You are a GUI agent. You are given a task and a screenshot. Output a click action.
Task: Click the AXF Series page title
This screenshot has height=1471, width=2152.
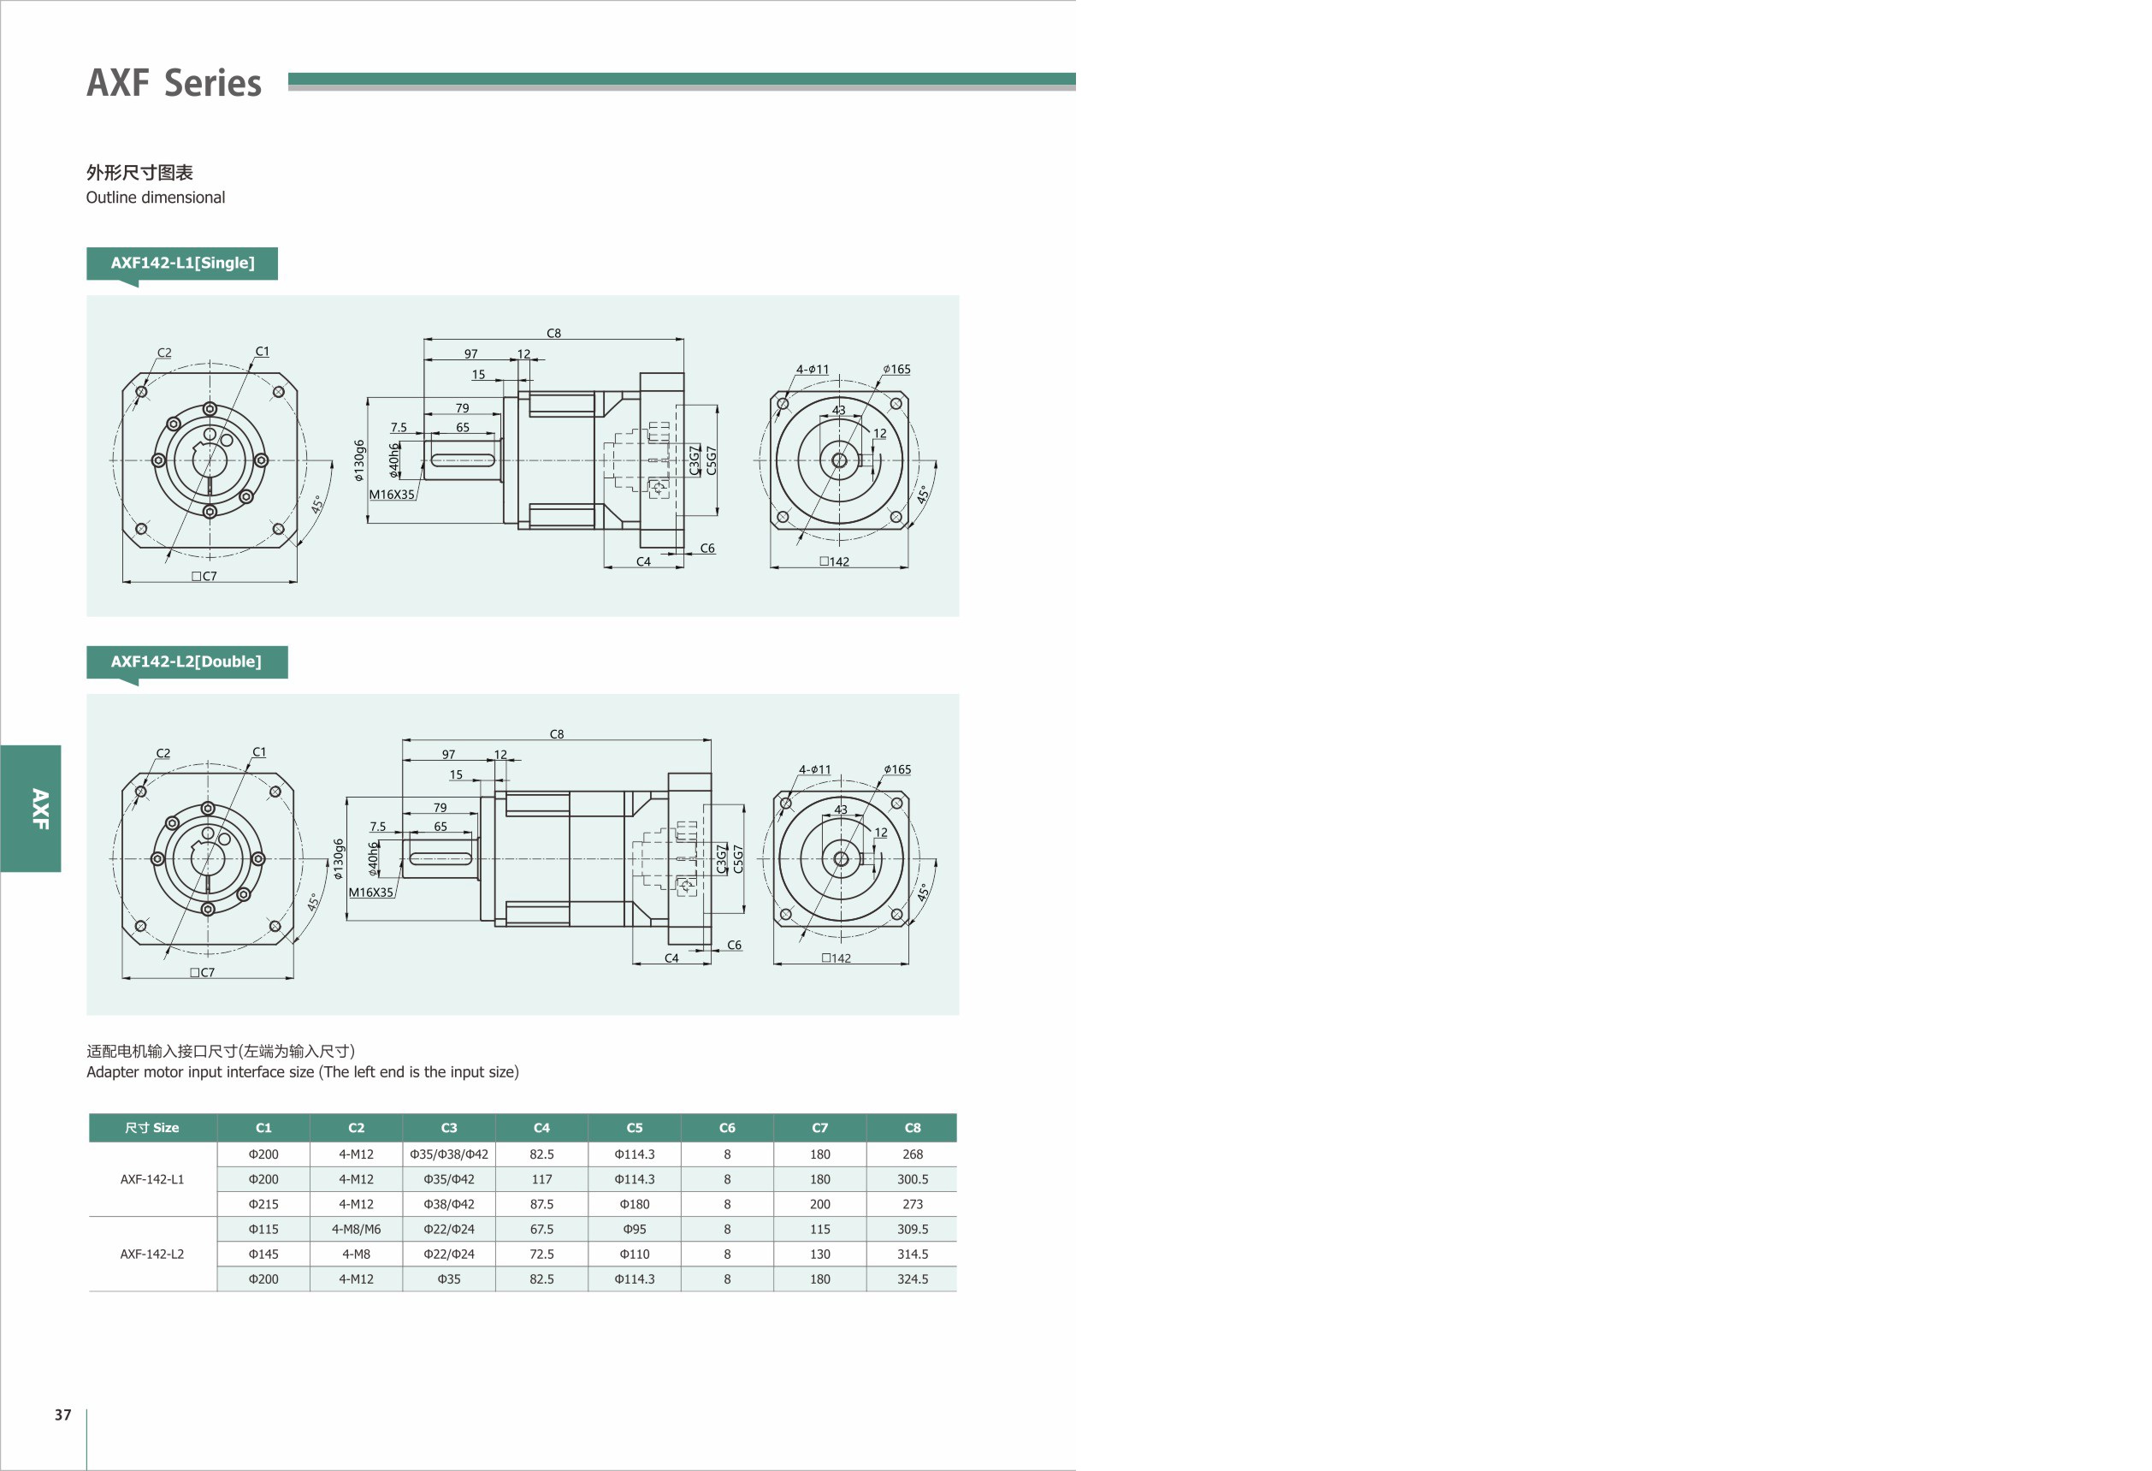pos(174,82)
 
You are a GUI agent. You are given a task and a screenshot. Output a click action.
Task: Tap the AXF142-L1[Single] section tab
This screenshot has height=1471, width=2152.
pos(182,263)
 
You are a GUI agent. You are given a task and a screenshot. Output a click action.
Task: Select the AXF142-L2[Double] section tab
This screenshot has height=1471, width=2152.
pos(187,661)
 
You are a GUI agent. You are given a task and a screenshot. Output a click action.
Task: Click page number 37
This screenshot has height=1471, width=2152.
pos(63,1415)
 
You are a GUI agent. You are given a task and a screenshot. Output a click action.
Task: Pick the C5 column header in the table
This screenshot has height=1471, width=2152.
pos(635,1127)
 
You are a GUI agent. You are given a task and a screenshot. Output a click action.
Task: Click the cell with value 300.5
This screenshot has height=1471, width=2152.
pos(912,1179)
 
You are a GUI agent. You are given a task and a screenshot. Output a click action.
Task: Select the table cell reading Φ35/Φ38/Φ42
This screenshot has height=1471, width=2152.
pos(449,1154)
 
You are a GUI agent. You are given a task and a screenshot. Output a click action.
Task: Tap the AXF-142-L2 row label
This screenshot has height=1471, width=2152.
pos(152,1255)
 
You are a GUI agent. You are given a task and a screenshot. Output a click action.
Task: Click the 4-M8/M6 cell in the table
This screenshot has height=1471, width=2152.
pos(357,1229)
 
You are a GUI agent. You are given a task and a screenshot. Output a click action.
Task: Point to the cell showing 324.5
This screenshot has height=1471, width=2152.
pos(912,1279)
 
